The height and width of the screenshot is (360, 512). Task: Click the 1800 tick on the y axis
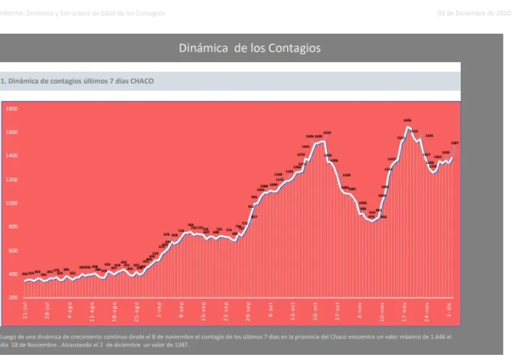click(12, 109)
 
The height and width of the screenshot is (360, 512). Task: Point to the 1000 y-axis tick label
click(12, 203)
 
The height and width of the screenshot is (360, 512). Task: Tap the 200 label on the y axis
click(13, 298)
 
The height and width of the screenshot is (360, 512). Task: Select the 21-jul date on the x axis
click(25, 311)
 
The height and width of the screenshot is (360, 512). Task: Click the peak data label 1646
click(407, 120)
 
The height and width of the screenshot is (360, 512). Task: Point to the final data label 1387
click(455, 142)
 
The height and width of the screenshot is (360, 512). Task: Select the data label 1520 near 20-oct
click(327, 133)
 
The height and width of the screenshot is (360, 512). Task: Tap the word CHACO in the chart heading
click(143, 81)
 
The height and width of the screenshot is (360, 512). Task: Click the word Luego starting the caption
click(9, 337)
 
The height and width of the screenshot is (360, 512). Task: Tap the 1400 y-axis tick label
click(12, 156)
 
